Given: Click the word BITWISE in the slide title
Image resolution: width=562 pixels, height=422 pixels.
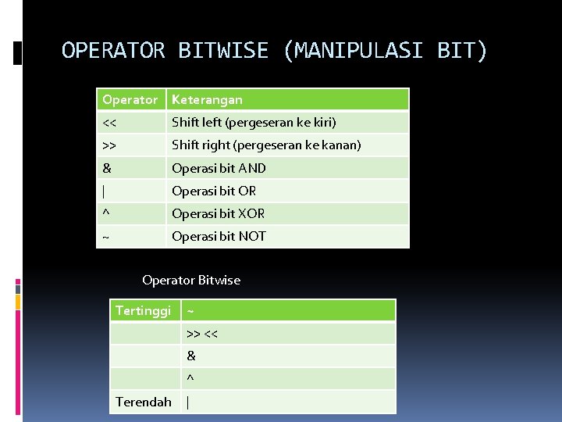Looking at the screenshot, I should coord(222,52).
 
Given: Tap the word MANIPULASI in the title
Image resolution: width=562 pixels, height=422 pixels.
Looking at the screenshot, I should coord(354,52).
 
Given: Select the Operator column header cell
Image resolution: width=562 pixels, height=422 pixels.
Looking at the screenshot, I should coord(130,99).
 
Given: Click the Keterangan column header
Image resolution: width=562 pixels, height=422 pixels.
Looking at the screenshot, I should coord(207,99).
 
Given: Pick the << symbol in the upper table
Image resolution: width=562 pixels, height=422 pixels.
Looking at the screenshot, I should coord(109,123).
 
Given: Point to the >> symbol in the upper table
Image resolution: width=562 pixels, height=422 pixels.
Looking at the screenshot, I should coord(109,145).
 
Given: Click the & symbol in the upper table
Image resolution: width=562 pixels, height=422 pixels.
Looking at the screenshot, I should coord(106,168).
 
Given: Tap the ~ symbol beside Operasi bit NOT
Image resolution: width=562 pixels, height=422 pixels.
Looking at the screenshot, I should coord(105,237).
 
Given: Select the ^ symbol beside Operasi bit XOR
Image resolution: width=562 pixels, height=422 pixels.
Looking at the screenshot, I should coord(105,213).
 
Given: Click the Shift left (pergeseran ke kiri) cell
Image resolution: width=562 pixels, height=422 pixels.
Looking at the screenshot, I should coord(254,123).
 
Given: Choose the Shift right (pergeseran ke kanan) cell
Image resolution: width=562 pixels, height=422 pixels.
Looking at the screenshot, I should coord(266,145).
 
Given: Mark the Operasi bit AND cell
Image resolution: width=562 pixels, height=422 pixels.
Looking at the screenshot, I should coord(219,168).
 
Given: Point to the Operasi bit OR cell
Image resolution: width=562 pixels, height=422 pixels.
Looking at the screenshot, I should coord(214,191).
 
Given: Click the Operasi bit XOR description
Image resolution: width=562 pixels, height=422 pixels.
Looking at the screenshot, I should coord(218,213).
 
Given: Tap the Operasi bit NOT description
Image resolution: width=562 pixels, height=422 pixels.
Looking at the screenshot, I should coord(219,236).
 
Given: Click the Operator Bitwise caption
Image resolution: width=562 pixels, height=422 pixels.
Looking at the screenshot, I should coord(191,280).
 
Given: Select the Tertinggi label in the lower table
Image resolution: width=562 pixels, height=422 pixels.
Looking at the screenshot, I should coord(143,311).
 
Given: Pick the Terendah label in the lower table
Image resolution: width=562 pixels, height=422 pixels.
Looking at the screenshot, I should coord(144,402).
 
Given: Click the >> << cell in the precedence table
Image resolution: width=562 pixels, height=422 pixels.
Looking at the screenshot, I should coord(202,334).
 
